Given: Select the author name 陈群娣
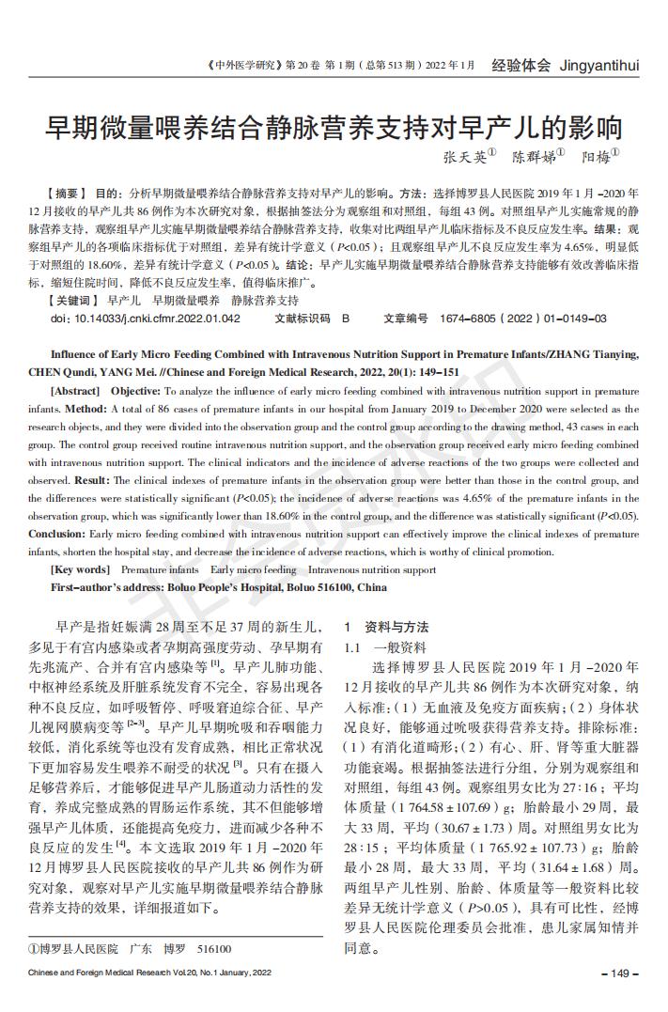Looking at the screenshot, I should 531,157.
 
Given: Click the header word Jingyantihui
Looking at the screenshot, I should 599,66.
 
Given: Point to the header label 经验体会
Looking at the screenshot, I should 521,66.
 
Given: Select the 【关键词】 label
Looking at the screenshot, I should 72,301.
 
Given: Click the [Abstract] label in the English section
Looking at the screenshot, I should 74,390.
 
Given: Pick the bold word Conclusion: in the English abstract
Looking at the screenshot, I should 57,534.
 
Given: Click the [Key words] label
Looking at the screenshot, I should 79,569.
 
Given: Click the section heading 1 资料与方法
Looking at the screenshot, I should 386,627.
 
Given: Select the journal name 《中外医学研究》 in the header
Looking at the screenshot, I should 241,67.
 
